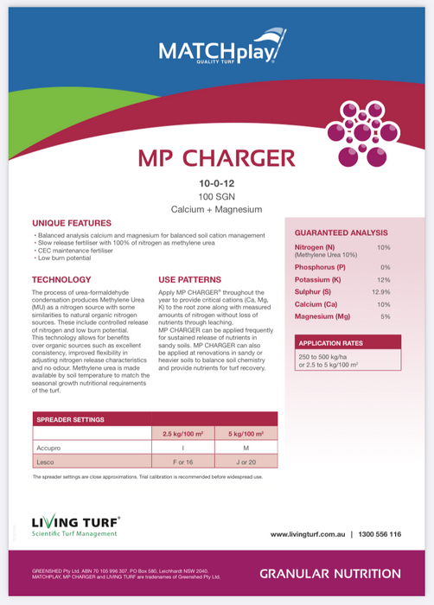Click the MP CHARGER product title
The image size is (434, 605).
[216, 158]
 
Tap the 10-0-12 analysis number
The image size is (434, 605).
[217, 183]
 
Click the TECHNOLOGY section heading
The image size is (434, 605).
[61, 279]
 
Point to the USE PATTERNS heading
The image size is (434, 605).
[189, 279]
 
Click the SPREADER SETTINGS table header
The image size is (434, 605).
[71, 419]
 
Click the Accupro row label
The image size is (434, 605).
[48, 449]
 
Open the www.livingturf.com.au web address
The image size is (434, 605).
[308, 534]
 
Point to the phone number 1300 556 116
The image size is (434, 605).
[380, 534]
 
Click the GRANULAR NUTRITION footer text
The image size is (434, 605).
[329, 573]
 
